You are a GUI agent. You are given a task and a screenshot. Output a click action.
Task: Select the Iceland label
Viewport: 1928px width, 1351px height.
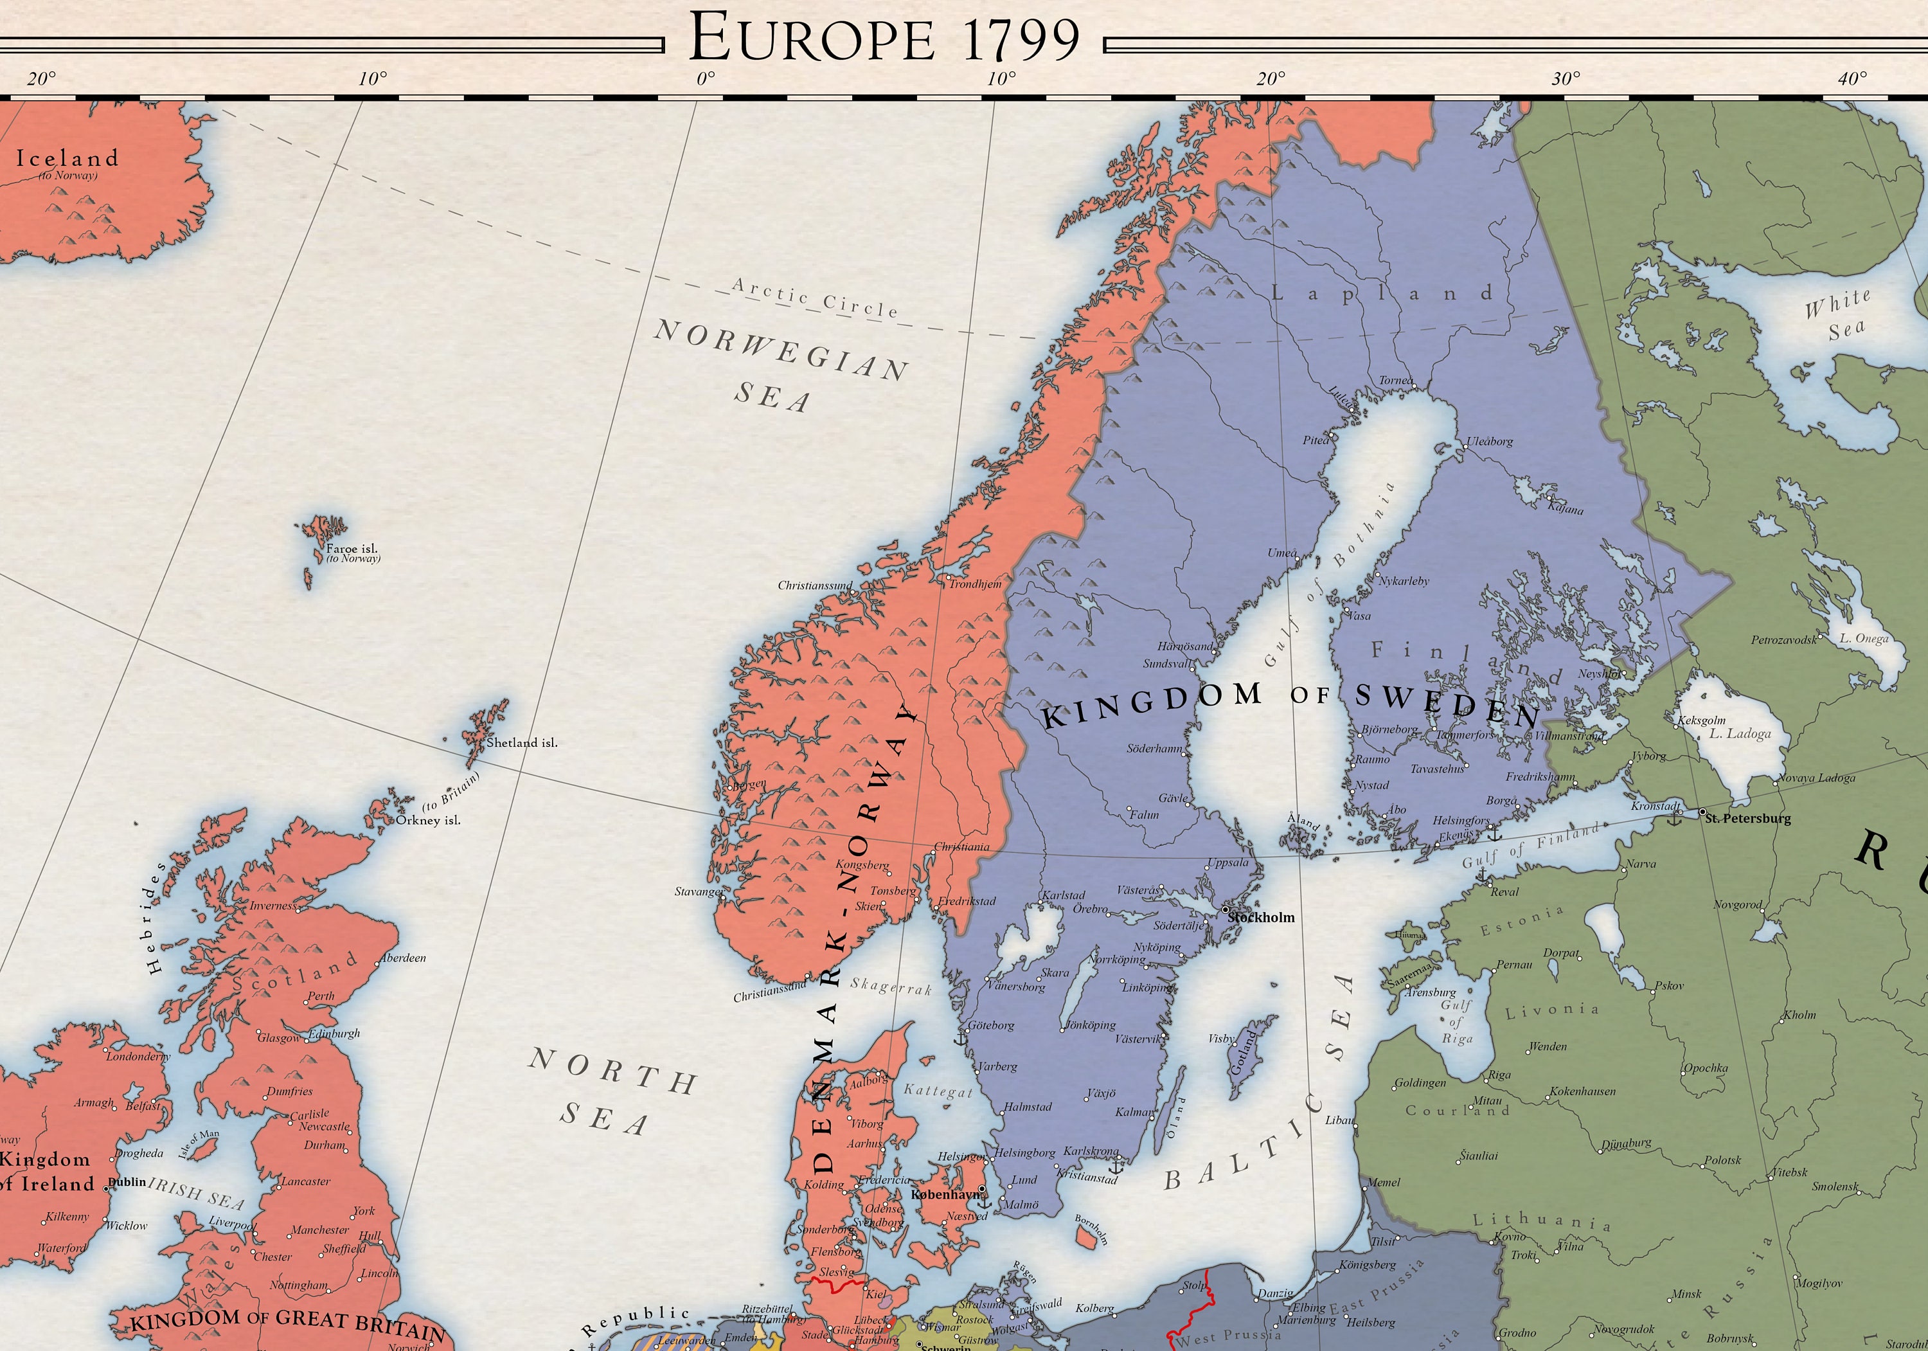tap(67, 158)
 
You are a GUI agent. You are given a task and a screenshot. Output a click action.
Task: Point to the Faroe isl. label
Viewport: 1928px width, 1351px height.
tap(352, 549)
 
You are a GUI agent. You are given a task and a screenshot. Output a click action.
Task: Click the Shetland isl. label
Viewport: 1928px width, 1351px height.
tap(521, 742)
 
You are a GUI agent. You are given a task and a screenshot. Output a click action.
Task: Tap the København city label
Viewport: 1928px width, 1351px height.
tap(945, 1194)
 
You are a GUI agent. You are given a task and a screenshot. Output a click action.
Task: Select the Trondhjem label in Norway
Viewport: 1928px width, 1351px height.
tap(975, 584)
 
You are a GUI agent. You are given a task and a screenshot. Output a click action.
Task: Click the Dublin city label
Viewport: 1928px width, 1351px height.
tap(128, 1181)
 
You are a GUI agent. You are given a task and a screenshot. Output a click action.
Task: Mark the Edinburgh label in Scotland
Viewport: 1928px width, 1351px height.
tap(334, 1033)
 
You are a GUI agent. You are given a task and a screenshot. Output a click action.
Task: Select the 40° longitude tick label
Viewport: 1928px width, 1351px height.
tap(1852, 79)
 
